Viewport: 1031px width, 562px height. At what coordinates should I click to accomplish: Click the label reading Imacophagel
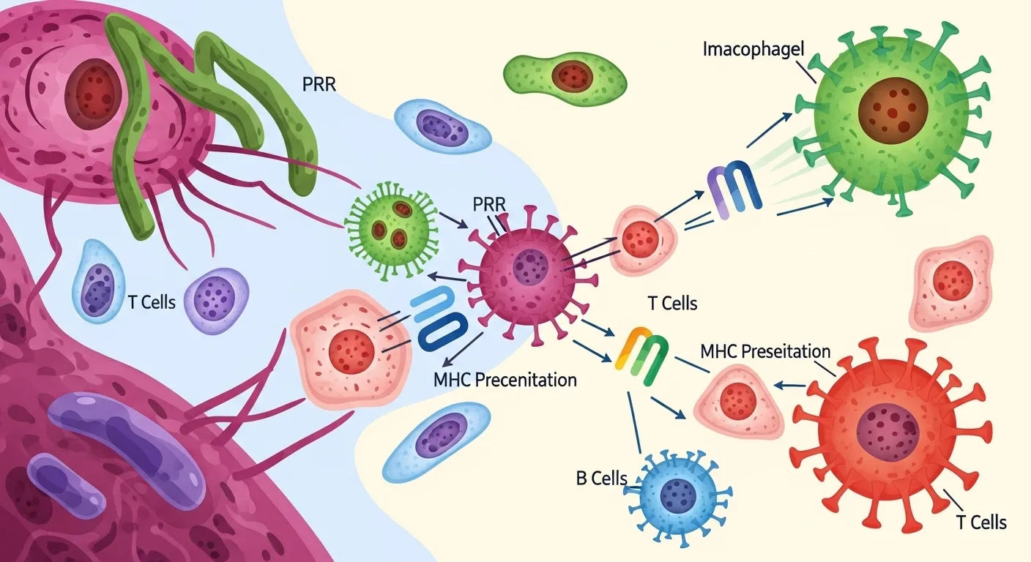[x=752, y=50]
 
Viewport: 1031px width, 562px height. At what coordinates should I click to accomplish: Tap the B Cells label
[x=601, y=479]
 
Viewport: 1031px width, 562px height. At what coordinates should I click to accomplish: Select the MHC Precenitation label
[x=505, y=380]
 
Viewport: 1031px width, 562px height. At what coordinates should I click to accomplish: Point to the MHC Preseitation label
[x=765, y=351]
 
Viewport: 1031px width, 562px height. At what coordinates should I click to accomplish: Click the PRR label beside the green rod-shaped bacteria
[x=319, y=84]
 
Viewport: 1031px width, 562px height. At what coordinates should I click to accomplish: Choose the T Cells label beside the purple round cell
[x=152, y=301]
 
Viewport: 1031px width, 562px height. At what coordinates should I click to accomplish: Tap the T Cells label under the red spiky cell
[x=981, y=522]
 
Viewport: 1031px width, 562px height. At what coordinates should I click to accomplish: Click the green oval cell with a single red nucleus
[x=564, y=75]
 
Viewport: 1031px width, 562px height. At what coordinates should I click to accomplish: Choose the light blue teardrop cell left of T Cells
[x=97, y=280]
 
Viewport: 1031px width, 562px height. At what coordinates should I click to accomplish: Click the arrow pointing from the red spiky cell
[x=788, y=383]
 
